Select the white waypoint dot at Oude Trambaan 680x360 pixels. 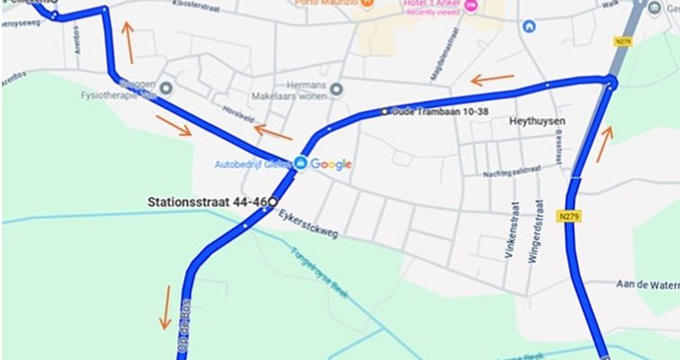coord(385,112)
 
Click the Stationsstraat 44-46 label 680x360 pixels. coord(206,203)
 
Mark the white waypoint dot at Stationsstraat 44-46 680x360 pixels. coord(272,202)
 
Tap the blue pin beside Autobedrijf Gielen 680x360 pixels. coord(301,163)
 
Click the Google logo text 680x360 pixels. coord(332,164)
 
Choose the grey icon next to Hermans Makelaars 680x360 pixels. coord(337,88)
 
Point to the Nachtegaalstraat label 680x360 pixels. coord(512,171)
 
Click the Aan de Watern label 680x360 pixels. coord(647,284)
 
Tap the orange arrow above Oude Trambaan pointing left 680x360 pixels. coord(492,79)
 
